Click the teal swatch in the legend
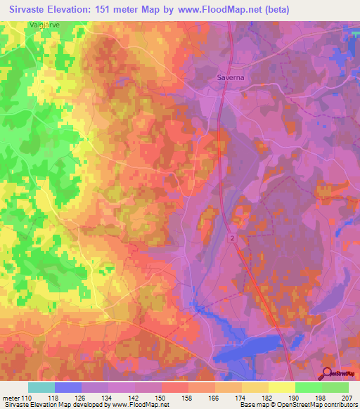[x=41, y=387]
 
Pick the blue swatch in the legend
[x=68, y=387]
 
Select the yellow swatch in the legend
[x=282, y=387]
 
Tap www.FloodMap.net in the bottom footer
[x=136, y=405]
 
